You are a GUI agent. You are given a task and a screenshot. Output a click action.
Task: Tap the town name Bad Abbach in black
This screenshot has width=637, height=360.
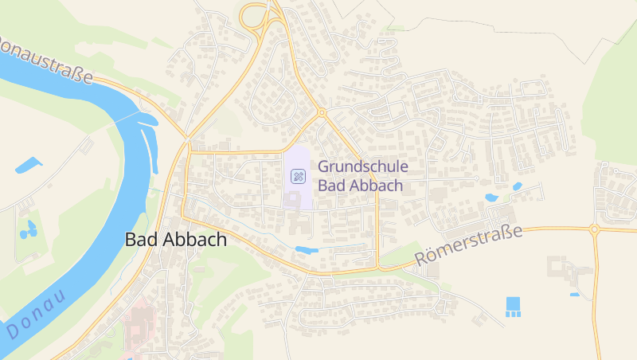(176, 239)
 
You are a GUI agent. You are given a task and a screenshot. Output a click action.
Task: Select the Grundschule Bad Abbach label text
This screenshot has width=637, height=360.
(362, 176)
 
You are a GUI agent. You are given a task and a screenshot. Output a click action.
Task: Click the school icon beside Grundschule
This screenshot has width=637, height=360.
(298, 176)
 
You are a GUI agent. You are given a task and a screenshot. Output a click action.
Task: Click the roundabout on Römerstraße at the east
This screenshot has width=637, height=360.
(594, 229)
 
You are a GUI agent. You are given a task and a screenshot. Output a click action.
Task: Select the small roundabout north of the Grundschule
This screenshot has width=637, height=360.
(322, 113)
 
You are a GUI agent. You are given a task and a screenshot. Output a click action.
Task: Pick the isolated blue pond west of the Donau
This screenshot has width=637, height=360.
(28, 166)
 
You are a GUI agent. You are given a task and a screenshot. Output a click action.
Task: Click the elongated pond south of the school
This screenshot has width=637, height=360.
(307, 250)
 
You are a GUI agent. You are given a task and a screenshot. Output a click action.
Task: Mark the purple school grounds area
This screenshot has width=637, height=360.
(297, 195)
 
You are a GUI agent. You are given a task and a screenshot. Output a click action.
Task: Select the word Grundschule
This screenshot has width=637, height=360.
(362, 167)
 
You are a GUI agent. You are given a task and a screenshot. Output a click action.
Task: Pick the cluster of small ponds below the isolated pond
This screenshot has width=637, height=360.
(29, 230)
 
